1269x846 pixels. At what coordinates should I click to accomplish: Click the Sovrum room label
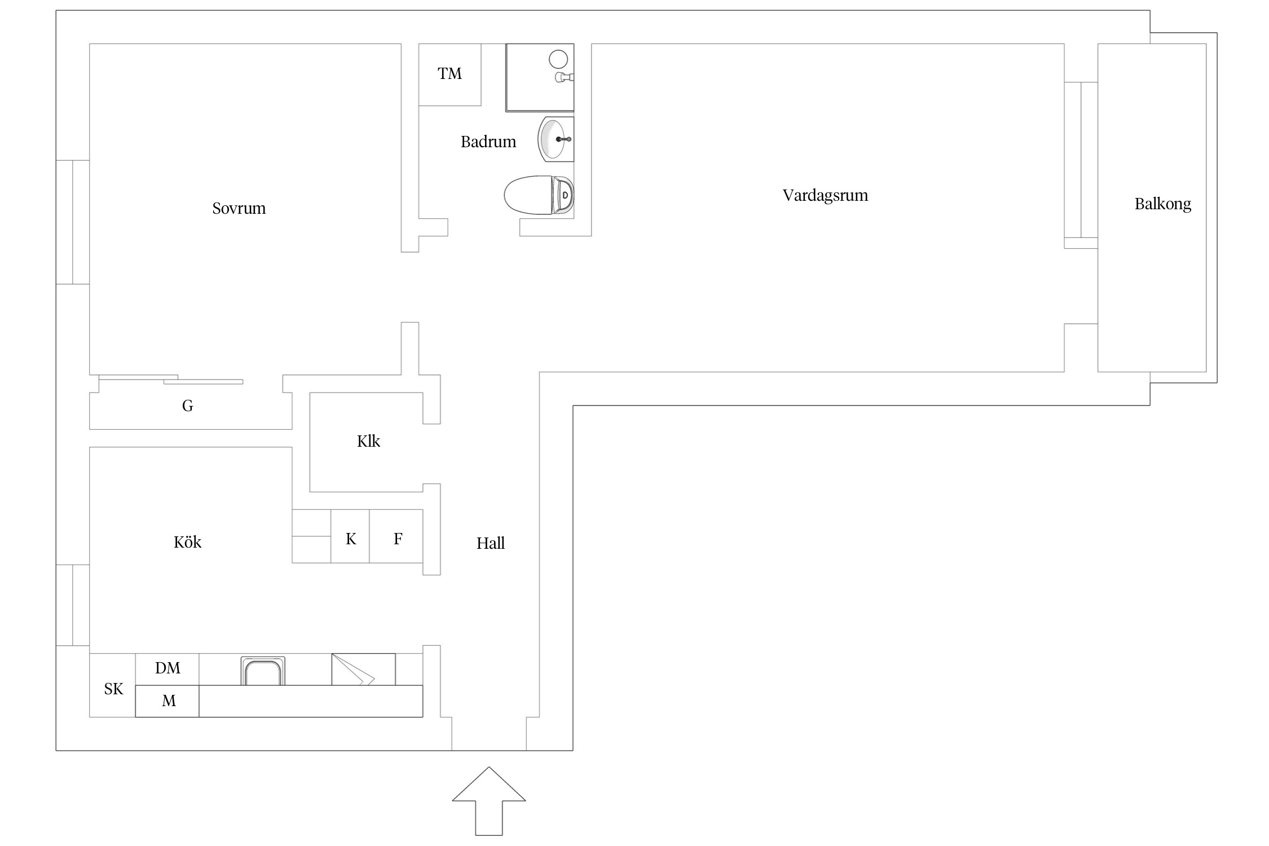tap(239, 208)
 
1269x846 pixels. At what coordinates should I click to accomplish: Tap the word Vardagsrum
tap(825, 196)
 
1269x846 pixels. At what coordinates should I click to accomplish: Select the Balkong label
tap(1162, 204)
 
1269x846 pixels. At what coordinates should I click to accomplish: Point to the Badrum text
tap(488, 142)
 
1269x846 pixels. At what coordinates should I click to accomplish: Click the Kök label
tap(187, 542)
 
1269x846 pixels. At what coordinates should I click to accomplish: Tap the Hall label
tap(490, 543)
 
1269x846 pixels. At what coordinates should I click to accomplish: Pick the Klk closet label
tap(368, 441)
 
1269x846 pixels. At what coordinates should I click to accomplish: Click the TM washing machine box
tap(450, 74)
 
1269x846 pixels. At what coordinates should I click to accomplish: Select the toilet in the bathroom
tap(539, 195)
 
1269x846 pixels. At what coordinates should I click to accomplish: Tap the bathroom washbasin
tap(556, 139)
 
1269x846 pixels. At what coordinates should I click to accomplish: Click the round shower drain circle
tap(558, 59)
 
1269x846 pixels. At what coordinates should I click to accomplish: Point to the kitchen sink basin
tap(263, 671)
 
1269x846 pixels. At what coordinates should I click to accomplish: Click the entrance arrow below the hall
tap(489, 801)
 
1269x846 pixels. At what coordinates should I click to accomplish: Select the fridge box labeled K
tap(350, 536)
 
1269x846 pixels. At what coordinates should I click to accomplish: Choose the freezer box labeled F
tap(396, 536)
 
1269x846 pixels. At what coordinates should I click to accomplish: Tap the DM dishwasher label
tap(168, 668)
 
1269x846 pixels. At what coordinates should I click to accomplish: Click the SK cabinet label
tap(113, 689)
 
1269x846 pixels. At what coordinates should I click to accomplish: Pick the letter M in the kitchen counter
tap(169, 701)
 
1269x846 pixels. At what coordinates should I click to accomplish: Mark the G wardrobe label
tap(188, 406)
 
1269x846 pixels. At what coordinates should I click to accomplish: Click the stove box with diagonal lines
tap(363, 669)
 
